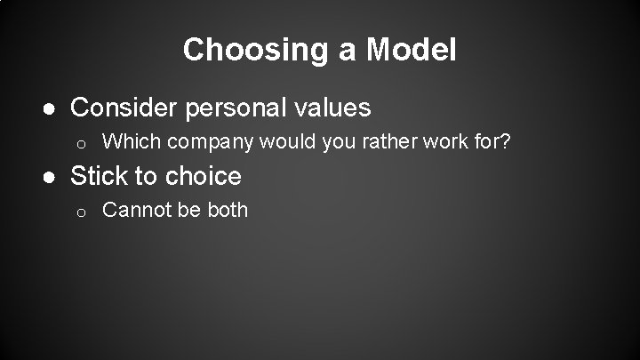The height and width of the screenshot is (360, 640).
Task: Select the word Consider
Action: (x=124, y=108)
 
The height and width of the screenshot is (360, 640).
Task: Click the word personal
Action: (x=236, y=109)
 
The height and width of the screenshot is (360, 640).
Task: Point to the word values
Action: (x=332, y=108)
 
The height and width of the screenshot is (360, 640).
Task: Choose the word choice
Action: (x=202, y=176)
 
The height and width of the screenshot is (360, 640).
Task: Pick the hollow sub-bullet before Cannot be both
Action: (x=79, y=212)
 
